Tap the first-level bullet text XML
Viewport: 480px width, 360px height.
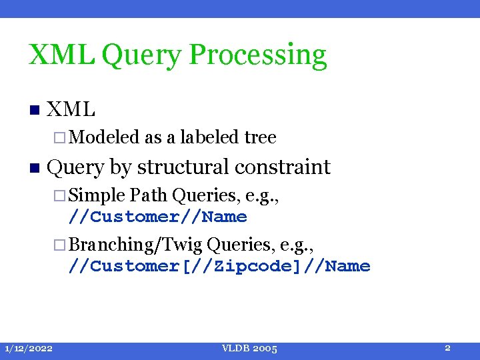73,109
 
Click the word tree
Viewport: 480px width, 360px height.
260,137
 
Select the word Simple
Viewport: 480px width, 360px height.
97,195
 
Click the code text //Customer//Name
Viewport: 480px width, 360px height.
158,217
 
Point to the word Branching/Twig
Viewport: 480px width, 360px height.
135,245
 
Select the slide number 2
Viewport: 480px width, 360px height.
448,348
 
